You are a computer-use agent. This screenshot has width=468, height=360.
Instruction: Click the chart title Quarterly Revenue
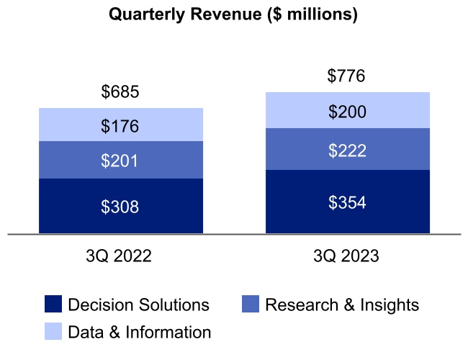pos(233,15)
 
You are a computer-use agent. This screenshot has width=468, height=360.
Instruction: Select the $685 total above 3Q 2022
pos(120,92)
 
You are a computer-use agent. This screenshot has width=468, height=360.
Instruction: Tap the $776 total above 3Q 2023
pos(347,76)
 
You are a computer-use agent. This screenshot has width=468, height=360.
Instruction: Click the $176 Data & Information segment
pos(120,127)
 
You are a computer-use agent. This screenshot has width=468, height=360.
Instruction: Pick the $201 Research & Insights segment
pos(120,161)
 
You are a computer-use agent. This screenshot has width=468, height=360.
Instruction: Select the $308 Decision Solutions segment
pos(120,207)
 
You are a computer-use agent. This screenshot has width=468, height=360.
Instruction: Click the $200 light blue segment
pos(347,112)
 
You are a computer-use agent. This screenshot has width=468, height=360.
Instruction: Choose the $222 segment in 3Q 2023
pos(347,150)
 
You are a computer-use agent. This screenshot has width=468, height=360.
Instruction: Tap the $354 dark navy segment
pos(347,203)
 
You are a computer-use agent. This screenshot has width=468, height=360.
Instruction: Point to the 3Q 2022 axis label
pos(120,256)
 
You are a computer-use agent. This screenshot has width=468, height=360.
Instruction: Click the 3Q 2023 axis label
pos(347,256)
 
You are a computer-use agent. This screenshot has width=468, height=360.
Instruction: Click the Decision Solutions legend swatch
pos(53,305)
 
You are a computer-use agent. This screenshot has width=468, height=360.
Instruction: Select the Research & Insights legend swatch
pos(250,305)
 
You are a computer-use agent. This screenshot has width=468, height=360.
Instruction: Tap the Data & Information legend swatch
pos(53,331)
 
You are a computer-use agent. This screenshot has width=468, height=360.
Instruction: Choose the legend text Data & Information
pos(139,332)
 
